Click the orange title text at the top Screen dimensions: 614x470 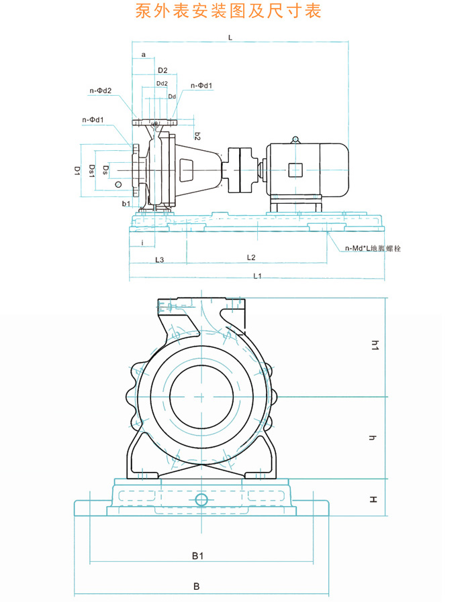point(228,11)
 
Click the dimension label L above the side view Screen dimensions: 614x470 point(230,38)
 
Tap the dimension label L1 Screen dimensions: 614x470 point(256,275)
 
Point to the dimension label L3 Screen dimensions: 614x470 point(159,259)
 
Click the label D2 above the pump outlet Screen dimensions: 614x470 point(162,70)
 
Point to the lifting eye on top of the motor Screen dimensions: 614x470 point(294,139)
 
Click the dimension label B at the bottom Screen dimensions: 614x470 point(197,587)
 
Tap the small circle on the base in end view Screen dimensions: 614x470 point(202,500)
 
